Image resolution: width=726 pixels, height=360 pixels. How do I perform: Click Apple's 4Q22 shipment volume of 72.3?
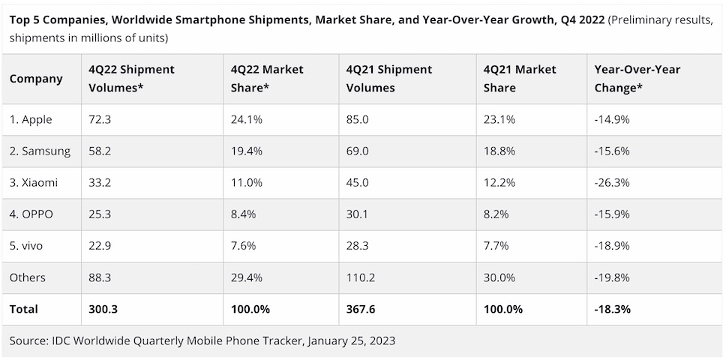tap(100, 119)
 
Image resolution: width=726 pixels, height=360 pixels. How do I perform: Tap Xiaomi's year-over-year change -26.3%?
tap(612, 182)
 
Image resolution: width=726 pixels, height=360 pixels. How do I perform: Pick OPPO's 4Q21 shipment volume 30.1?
tap(358, 214)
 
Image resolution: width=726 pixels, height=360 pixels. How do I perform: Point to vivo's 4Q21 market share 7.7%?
tap(496, 245)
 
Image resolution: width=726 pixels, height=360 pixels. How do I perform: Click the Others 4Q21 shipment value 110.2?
tap(361, 277)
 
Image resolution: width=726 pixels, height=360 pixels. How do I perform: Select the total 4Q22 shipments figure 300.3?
tap(103, 309)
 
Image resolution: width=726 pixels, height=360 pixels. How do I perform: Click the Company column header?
tap(36, 78)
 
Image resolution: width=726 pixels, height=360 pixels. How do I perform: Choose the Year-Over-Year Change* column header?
tap(637, 78)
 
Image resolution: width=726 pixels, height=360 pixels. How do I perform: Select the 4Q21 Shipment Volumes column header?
tap(388, 78)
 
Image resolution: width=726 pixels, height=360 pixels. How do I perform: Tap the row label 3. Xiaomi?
tap(33, 182)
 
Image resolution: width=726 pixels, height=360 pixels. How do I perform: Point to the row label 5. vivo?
tap(28, 245)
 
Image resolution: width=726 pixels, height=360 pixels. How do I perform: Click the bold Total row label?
tap(24, 309)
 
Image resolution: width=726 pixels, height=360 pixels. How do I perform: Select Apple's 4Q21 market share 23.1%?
tap(499, 119)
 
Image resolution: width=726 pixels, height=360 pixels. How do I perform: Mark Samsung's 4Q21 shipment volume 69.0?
tap(358, 151)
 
